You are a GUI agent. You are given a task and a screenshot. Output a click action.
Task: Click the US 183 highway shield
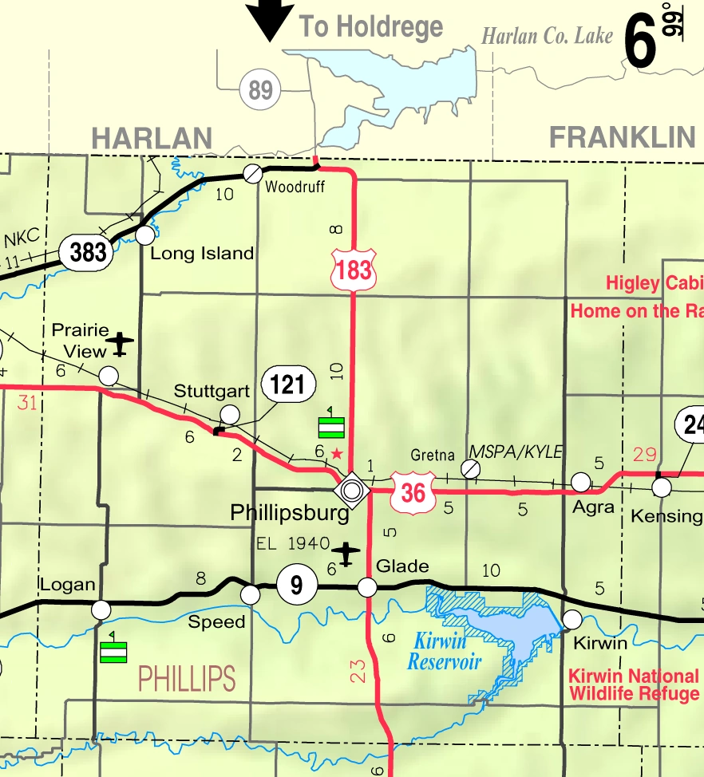(354, 269)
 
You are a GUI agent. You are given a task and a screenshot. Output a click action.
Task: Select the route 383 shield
(87, 252)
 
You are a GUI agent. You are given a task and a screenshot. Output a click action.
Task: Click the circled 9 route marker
(296, 586)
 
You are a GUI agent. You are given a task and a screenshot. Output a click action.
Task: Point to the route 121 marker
(287, 385)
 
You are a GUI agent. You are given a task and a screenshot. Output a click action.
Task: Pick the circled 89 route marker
(260, 89)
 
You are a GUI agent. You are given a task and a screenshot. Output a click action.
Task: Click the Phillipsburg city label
(290, 512)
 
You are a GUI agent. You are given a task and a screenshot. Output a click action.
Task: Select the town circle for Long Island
(144, 235)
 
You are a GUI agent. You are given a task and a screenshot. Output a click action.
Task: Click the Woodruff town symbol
(252, 172)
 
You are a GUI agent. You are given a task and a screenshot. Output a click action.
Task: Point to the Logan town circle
(101, 610)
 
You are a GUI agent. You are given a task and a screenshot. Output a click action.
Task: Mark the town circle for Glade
(367, 587)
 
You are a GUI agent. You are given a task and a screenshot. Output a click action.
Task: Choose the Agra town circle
(581, 482)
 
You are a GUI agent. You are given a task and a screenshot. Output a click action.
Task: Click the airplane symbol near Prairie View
(121, 343)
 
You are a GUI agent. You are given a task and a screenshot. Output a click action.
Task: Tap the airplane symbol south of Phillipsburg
(346, 553)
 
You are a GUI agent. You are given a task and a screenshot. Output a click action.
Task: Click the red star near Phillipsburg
(337, 453)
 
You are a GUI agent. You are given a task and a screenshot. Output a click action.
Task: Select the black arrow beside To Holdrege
(270, 20)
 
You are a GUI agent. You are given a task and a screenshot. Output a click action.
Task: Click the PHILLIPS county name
(187, 679)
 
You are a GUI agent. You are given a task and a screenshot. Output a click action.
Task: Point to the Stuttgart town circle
(230, 413)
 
